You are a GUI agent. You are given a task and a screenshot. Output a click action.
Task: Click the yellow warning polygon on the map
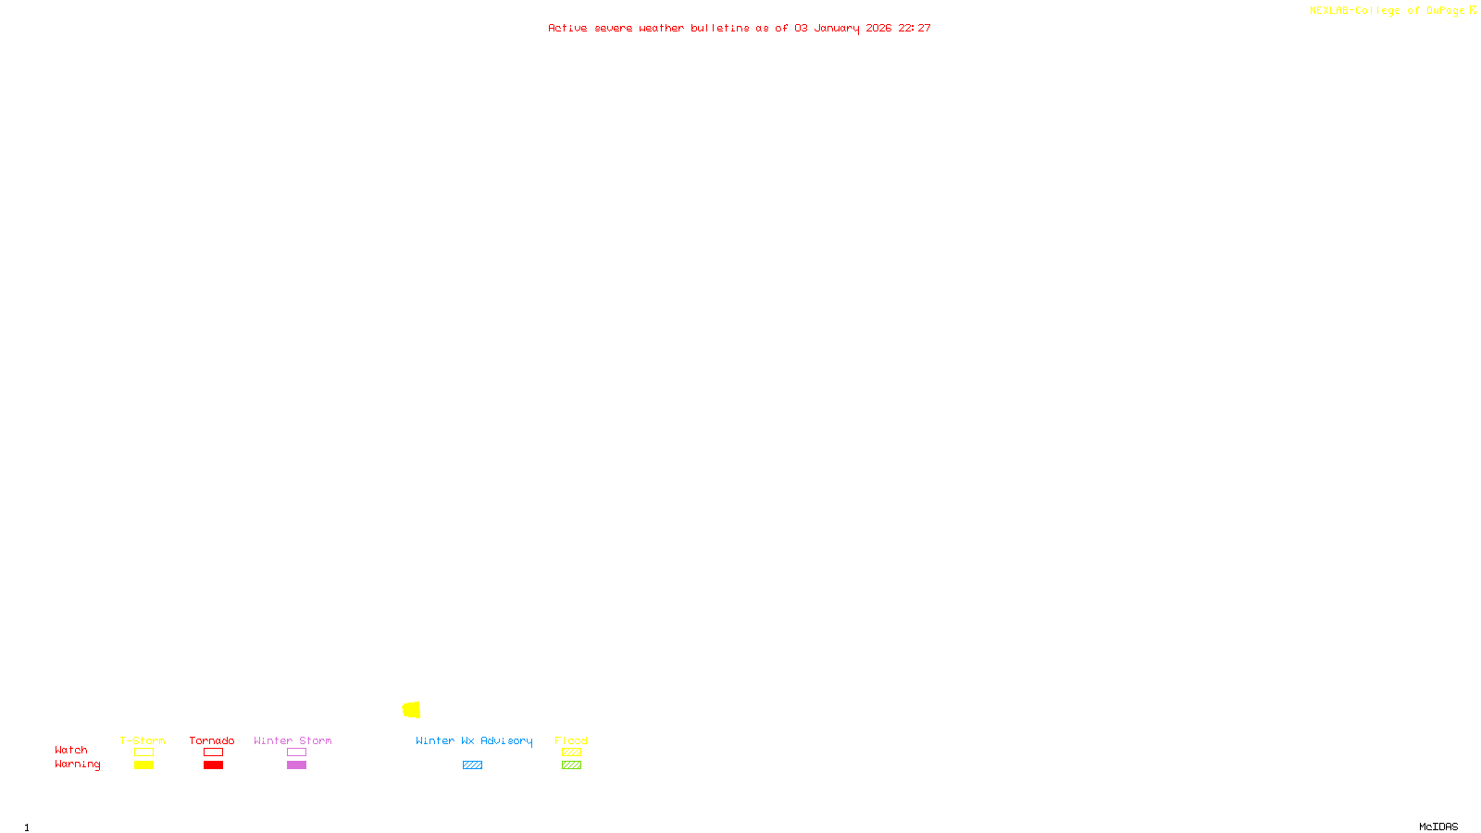tap(412, 710)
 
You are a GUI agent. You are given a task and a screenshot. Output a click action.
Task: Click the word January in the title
tap(837, 28)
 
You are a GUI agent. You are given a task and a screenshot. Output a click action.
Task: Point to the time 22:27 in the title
tap(915, 28)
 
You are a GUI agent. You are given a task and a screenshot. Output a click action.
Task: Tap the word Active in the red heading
tap(567, 28)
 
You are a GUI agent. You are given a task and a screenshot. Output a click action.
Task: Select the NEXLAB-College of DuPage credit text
tap(1387, 11)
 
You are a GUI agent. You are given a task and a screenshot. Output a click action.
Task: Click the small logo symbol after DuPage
tap(1473, 10)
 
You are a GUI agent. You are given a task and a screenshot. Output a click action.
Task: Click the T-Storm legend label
tap(143, 740)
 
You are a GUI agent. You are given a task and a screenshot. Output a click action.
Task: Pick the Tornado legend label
tap(212, 740)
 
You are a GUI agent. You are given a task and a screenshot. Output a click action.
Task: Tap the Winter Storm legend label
tap(292, 740)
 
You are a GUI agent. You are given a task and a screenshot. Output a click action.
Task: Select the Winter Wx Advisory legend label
tap(474, 740)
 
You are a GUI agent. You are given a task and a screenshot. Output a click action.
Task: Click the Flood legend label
tap(571, 740)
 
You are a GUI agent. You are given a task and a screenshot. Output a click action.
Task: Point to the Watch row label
tap(71, 750)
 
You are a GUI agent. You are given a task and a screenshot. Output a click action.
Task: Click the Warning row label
tap(77, 765)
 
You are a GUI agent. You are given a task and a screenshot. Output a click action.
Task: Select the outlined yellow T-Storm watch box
tap(143, 752)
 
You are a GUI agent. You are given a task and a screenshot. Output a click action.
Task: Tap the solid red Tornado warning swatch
tap(214, 765)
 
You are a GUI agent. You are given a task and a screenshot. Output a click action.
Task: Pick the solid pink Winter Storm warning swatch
tap(296, 765)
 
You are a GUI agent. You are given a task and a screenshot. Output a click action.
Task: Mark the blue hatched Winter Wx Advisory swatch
tap(472, 765)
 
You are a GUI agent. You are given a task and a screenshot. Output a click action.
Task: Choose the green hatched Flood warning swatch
tap(571, 765)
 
